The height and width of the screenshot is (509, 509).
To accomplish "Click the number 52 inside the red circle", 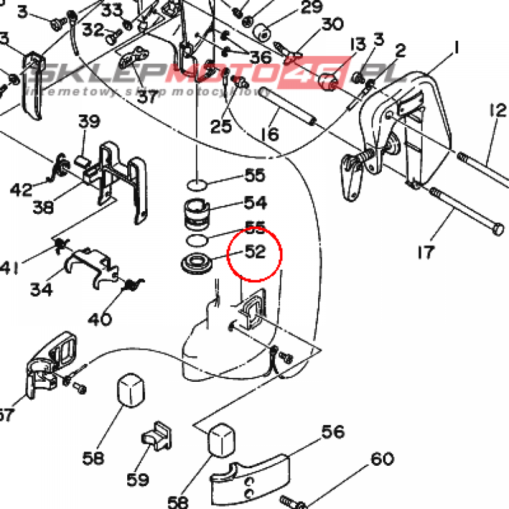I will [255, 252].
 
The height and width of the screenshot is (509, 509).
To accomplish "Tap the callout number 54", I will [255, 203].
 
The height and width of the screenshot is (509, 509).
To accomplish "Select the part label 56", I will [333, 432].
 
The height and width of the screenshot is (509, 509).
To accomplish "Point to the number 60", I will [382, 459].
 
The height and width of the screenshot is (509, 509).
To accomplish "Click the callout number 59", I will [138, 480].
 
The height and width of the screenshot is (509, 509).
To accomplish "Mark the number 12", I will [497, 110].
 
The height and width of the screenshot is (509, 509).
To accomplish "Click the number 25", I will [221, 126].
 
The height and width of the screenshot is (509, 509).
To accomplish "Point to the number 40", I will [99, 318].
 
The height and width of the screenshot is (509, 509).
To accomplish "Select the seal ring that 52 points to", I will [195, 262].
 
